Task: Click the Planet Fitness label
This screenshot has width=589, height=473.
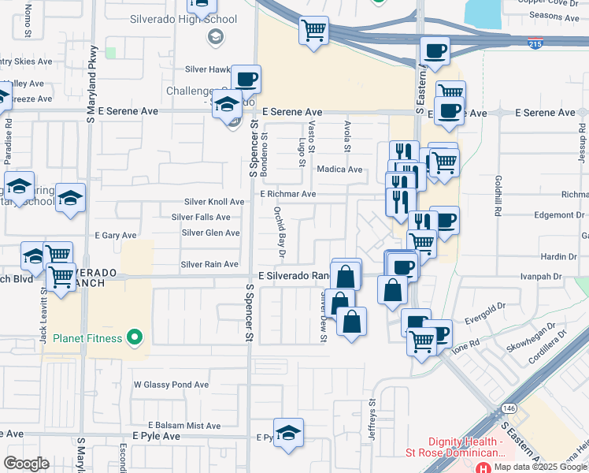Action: [87, 338]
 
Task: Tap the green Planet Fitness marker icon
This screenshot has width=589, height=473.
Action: [135, 338]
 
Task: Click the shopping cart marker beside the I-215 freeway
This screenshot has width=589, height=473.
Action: [313, 32]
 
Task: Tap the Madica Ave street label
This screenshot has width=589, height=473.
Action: [339, 169]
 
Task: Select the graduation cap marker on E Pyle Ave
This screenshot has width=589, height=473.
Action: [289, 433]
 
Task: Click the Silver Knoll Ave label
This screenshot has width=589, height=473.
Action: [214, 202]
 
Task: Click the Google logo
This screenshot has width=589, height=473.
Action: [26, 463]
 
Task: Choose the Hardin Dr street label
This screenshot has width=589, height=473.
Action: [559, 257]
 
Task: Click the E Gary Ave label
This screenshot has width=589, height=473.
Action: [116, 235]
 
